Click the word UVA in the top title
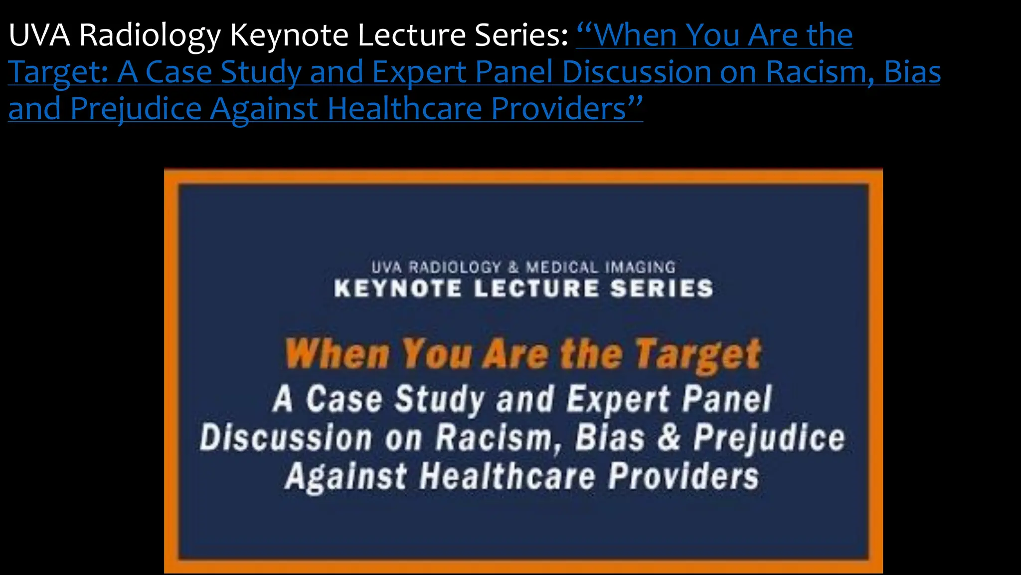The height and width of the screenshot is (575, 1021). click(x=39, y=36)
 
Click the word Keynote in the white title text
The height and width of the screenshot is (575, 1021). click(x=289, y=36)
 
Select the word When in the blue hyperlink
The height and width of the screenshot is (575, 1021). click(x=636, y=36)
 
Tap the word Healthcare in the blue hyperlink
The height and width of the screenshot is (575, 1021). click(x=404, y=109)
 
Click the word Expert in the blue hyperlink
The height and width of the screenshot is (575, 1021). click(x=419, y=72)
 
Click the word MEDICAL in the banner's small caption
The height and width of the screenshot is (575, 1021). click(x=562, y=268)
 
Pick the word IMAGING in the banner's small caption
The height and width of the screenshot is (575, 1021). click(x=641, y=268)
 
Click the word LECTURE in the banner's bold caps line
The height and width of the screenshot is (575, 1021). click(x=536, y=289)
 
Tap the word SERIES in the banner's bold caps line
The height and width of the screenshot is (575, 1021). click(x=662, y=289)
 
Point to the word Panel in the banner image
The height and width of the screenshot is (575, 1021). click(x=727, y=399)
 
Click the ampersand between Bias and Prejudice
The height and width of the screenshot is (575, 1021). click(x=669, y=437)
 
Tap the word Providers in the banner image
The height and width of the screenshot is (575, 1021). click(x=683, y=476)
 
